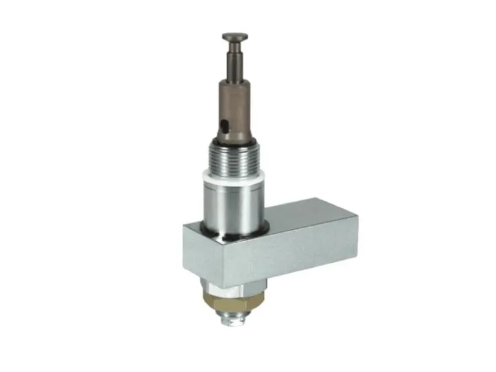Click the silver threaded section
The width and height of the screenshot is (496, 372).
[x=234, y=162]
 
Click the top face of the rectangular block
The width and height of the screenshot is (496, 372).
[x=298, y=217]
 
